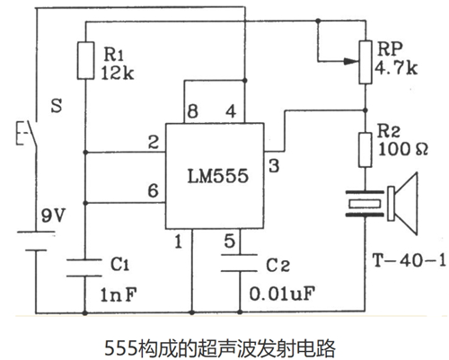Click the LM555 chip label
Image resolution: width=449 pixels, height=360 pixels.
coord(214,178)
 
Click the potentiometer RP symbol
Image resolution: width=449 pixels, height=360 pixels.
coord(365,60)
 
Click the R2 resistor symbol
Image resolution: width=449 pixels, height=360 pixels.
coord(365,148)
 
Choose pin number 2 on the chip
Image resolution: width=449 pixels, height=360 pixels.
coord(154,140)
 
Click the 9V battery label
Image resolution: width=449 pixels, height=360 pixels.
coord(54,215)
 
